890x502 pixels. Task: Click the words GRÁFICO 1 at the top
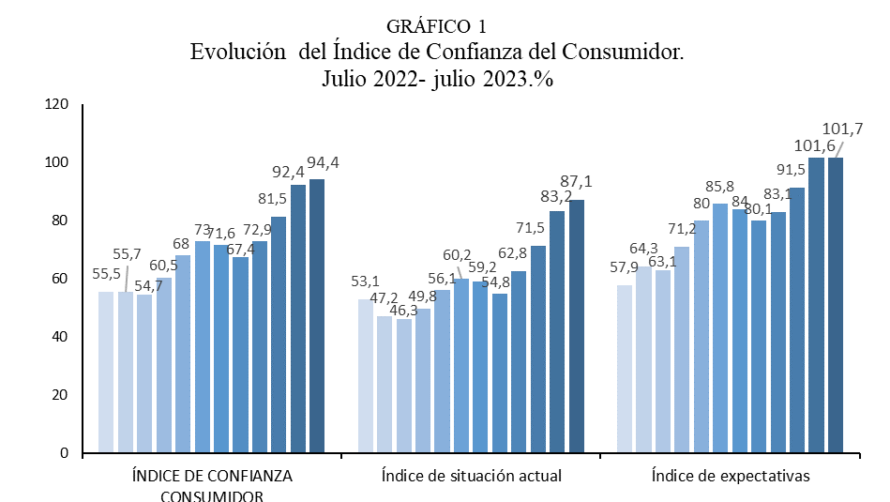pos(442,25)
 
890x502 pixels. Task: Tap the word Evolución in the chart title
pos(236,52)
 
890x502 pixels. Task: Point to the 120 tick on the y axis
pos(55,104)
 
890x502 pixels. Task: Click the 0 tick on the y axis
pos(64,453)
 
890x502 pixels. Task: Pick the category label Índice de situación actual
pos(471,476)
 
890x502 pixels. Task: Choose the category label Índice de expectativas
pos(731,476)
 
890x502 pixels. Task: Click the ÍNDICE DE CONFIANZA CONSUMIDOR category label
pos(211,485)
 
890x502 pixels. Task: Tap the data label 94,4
pos(324,162)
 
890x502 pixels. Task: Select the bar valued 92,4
pos(298,318)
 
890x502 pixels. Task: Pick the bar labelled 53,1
pos(365,375)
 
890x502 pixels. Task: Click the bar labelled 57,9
pos(624,369)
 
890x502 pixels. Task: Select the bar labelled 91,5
pos(797,320)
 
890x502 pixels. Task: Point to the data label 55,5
pos(107,274)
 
